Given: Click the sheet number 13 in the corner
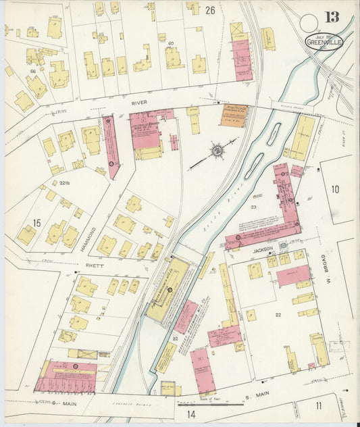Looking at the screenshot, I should coord(331,18).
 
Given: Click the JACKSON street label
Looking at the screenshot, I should coord(264,249).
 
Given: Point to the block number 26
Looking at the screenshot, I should coord(210,10).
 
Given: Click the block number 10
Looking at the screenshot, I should coord(335,189).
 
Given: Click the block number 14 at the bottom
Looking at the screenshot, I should coord(191,413).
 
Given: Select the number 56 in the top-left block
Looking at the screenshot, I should coord(32,70).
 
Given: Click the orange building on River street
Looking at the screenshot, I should coord(234,116).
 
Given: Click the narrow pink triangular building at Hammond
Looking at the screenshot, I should coord(110,145).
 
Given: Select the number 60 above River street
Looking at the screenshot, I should coord(172,43).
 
